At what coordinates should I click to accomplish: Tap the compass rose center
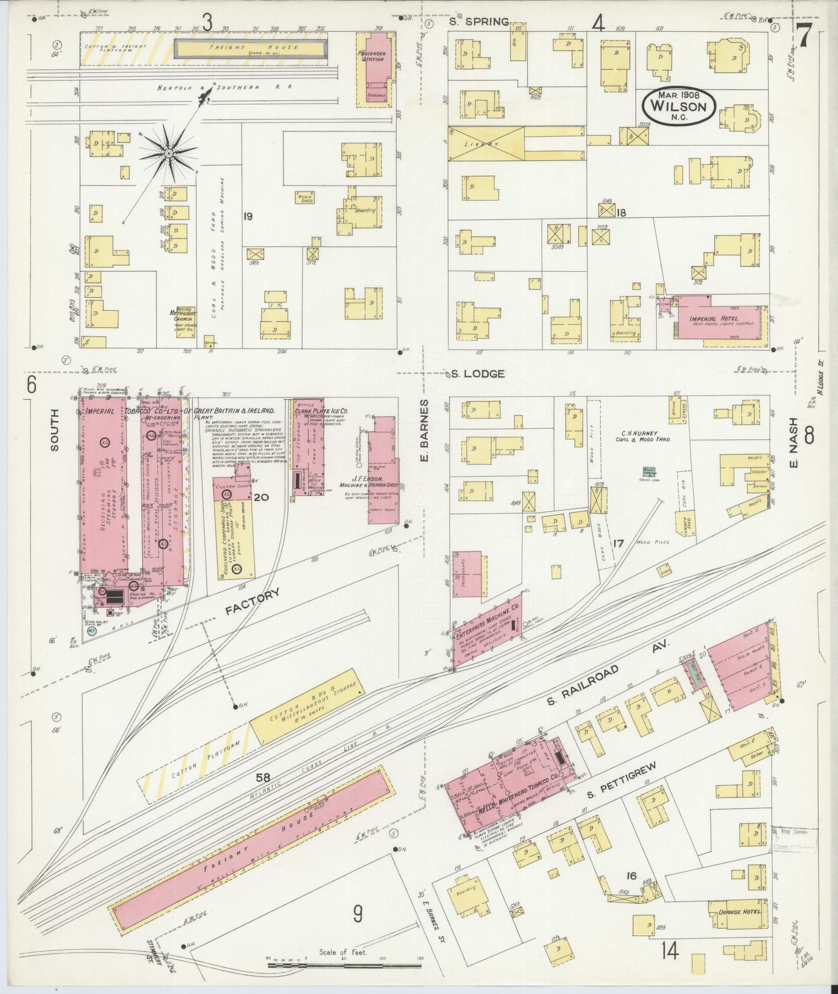(169, 153)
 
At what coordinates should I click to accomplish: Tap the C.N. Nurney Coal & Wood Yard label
(641, 435)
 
